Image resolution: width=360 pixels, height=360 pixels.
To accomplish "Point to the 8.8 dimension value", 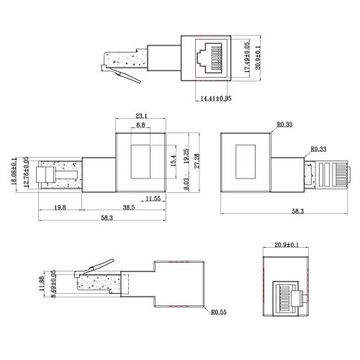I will [x=141, y=125].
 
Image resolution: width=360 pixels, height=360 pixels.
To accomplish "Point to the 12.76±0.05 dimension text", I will [x=27, y=174].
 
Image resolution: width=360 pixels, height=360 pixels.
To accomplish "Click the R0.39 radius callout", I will [x=284, y=125].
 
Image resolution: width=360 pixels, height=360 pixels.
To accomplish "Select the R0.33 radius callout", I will [x=318, y=149].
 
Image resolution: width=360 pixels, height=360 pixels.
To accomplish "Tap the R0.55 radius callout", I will [x=219, y=313].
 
